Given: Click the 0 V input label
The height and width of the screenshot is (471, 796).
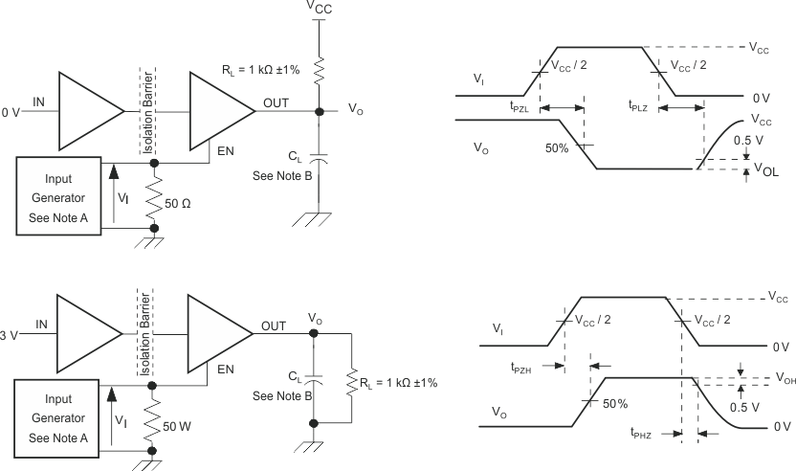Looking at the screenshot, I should coord(11,112).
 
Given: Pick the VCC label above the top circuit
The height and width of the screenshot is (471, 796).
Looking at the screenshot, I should coord(321,8).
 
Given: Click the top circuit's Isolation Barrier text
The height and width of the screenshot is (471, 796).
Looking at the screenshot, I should coord(147,101).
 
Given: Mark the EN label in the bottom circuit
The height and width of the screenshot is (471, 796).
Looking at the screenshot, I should coord(226,368).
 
